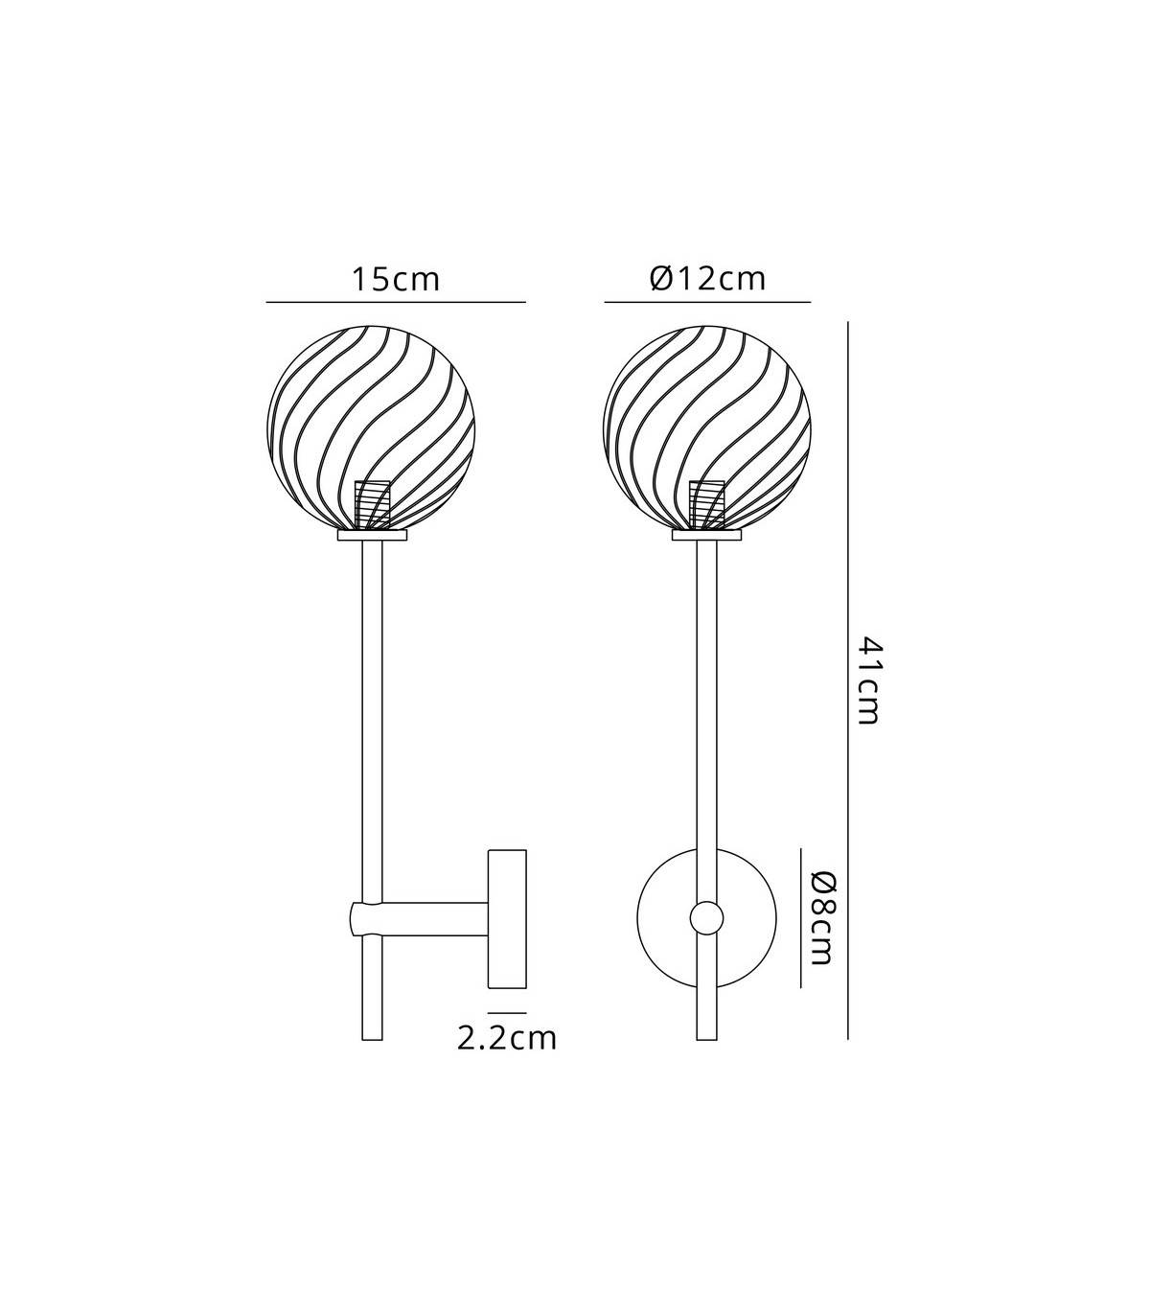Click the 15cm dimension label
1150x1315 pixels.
[x=395, y=280]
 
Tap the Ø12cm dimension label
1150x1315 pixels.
[x=707, y=279]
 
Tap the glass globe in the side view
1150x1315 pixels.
[x=371, y=428]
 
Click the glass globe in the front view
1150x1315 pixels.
[x=706, y=428]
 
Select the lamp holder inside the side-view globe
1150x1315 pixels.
[x=373, y=504]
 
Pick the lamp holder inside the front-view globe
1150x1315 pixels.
[x=706, y=504]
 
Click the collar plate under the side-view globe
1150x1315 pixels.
[x=372, y=536]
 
